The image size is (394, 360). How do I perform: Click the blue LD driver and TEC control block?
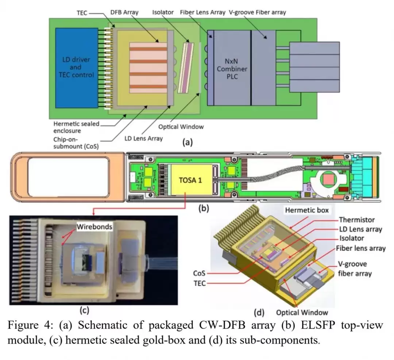(x=77, y=68)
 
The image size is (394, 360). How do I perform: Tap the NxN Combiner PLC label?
(x=232, y=69)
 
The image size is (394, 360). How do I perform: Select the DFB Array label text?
(x=124, y=12)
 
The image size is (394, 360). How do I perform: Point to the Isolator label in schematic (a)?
(x=163, y=12)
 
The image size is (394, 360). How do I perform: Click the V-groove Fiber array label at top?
(x=257, y=12)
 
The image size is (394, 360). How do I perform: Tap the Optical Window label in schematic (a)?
(x=181, y=127)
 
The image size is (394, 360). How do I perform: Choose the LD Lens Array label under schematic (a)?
(x=143, y=139)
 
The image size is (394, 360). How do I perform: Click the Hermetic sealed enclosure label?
(x=76, y=127)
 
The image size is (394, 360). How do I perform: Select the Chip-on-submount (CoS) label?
(x=76, y=143)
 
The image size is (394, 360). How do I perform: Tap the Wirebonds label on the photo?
(x=94, y=227)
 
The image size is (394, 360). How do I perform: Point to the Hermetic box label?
(x=307, y=210)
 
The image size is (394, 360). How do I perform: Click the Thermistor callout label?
(x=357, y=220)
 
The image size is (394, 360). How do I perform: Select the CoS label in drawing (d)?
(x=199, y=273)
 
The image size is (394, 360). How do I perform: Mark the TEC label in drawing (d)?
(x=200, y=283)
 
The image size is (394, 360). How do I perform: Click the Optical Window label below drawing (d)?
(x=302, y=313)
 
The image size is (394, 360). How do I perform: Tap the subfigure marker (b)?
(x=204, y=208)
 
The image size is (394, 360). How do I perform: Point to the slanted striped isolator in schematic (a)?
(x=186, y=68)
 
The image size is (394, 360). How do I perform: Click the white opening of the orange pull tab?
(x=69, y=177)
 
